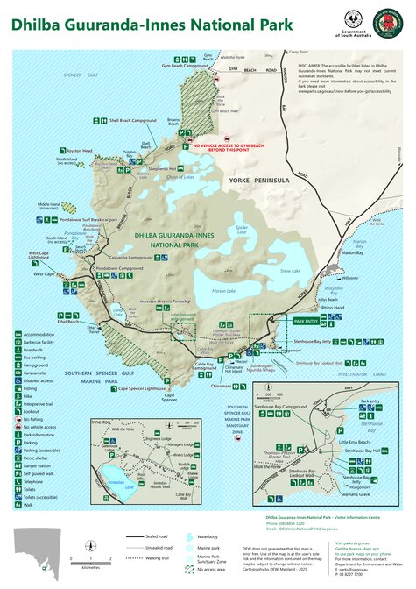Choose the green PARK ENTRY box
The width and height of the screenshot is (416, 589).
coord(309,322)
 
